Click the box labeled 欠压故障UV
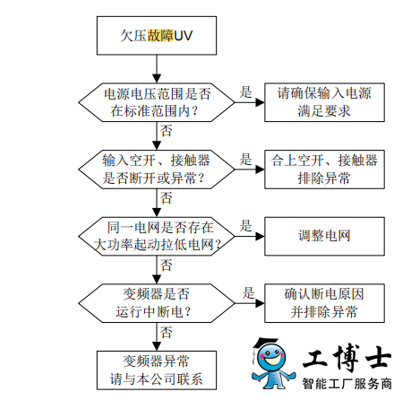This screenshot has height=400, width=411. (x=157, y=36)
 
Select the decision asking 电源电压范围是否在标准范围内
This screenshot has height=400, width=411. (x=157, y=102)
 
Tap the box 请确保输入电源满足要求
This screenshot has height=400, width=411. (x=324, y=102)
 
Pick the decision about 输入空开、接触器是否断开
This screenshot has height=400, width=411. (x=157, y=170)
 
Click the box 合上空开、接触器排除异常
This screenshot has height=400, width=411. (x=324, y=170)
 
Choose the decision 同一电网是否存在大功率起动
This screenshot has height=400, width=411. (x=157, y=236)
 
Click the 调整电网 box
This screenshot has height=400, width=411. (x=324, y=236)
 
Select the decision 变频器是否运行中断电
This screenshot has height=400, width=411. (x=157, y=303)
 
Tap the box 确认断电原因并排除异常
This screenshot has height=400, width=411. (x=324, y=303)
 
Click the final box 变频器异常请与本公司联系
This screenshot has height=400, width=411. (x=157, y=370)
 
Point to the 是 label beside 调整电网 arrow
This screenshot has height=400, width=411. (x=245, y=226)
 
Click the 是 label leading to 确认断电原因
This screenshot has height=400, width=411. (x=248, y=293)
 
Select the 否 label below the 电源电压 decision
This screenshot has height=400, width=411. (x=167, y=131)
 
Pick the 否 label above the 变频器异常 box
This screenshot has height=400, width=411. (x=167, y=333)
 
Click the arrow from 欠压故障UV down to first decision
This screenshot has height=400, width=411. (x=157, y=69)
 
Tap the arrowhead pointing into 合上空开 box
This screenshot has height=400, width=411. (x=260, y=170)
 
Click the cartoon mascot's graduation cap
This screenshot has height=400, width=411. (x=266, y=343)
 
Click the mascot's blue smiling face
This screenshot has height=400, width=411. (x=271, y=357)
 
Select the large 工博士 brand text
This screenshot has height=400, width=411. (x=347, y=358)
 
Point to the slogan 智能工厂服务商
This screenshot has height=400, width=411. (x=347, y=384)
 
